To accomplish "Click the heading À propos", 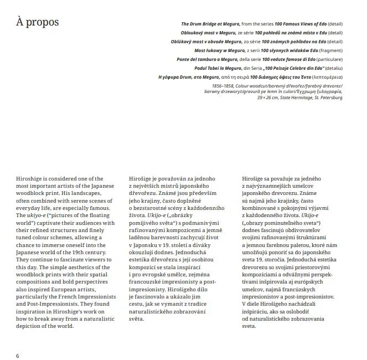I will pyautogui.click(x=38, y=23).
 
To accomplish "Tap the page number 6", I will pyautogui.click(x=18, y=354).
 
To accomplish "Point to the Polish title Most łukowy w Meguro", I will pyautogui.click(x=221, y=50).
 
